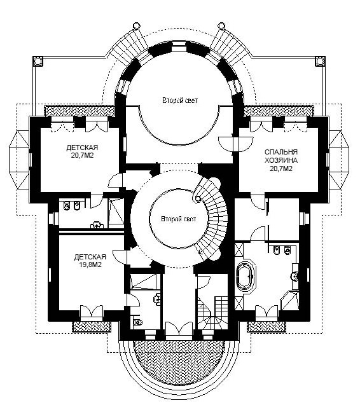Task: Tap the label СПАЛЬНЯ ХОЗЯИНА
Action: point(281,156)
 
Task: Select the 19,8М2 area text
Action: point(90,264)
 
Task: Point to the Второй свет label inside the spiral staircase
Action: point(179,219)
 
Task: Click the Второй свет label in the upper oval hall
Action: point(180,100)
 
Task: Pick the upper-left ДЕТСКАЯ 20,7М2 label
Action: point(82,151)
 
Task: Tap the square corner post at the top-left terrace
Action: point(38,61)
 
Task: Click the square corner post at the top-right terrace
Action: point(319,61)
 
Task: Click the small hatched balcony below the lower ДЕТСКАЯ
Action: point(92,326)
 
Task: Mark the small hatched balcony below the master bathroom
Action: point(267,326)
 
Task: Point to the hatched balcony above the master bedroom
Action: point(279,111)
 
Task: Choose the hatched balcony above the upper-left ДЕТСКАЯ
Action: point(79,111)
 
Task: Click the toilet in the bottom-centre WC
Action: point(137,322)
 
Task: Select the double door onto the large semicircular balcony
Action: point(179,328)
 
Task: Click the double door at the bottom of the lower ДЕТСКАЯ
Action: point(92,312)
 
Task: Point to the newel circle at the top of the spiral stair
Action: point(197,199)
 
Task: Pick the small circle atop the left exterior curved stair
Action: point(136,25)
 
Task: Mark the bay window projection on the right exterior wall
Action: point(339,160)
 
